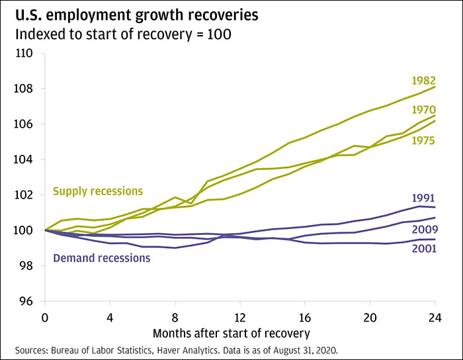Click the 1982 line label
tap(423, 81)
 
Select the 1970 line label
tap(423, 110)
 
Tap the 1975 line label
tap(423, 140)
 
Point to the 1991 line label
tap(423, 198)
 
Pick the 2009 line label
tap(423, 229)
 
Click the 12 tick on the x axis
tap(239, 316)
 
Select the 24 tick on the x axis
tap(435, 316)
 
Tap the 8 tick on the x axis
tap(175, 316)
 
